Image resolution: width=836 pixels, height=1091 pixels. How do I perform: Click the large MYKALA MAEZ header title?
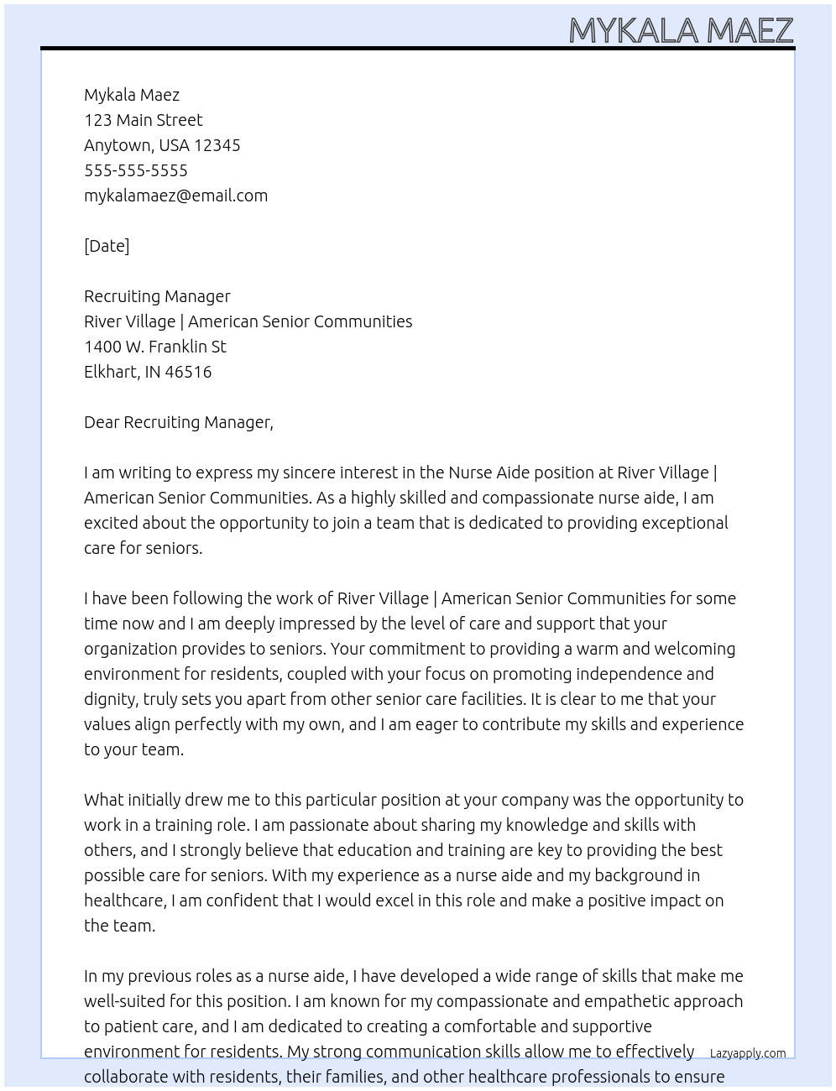681,30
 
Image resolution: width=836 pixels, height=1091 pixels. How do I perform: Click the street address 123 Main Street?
143,120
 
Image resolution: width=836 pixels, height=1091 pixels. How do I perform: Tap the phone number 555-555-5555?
136,170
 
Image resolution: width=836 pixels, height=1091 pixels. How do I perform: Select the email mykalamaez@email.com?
175,196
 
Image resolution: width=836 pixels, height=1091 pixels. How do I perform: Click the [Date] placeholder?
107,246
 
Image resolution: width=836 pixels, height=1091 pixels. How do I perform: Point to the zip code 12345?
217,145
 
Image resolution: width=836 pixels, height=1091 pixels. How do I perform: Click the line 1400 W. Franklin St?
154,347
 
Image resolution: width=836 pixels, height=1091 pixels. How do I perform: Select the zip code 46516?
188,372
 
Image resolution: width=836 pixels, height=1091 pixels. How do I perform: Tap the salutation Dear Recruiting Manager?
178,422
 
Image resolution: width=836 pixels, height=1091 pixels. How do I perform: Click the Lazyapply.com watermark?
747,1053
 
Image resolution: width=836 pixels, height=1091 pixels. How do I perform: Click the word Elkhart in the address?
111,372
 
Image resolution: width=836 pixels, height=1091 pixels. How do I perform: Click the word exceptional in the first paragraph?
684,523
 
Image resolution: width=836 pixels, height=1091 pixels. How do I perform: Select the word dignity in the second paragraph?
110,699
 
